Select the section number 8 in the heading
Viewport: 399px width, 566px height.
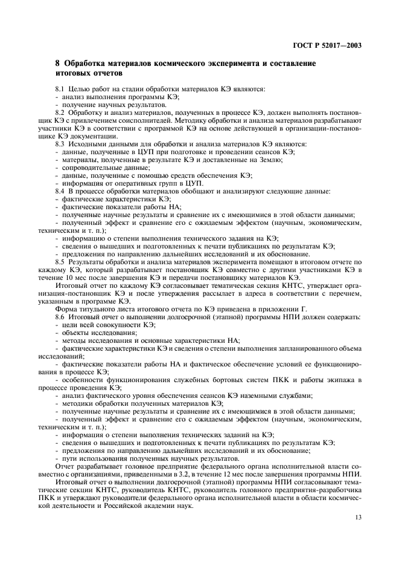coord(57,63)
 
